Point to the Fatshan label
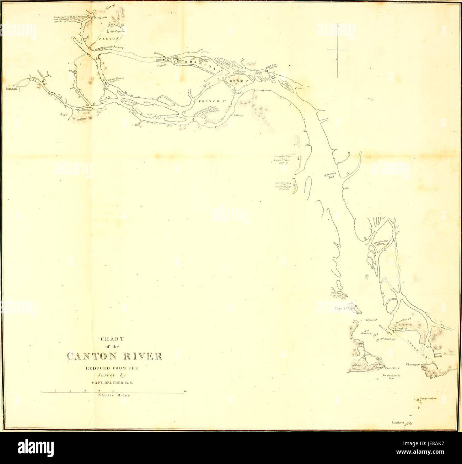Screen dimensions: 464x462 pos(10,89)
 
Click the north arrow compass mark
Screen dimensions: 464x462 pos(337,50)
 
